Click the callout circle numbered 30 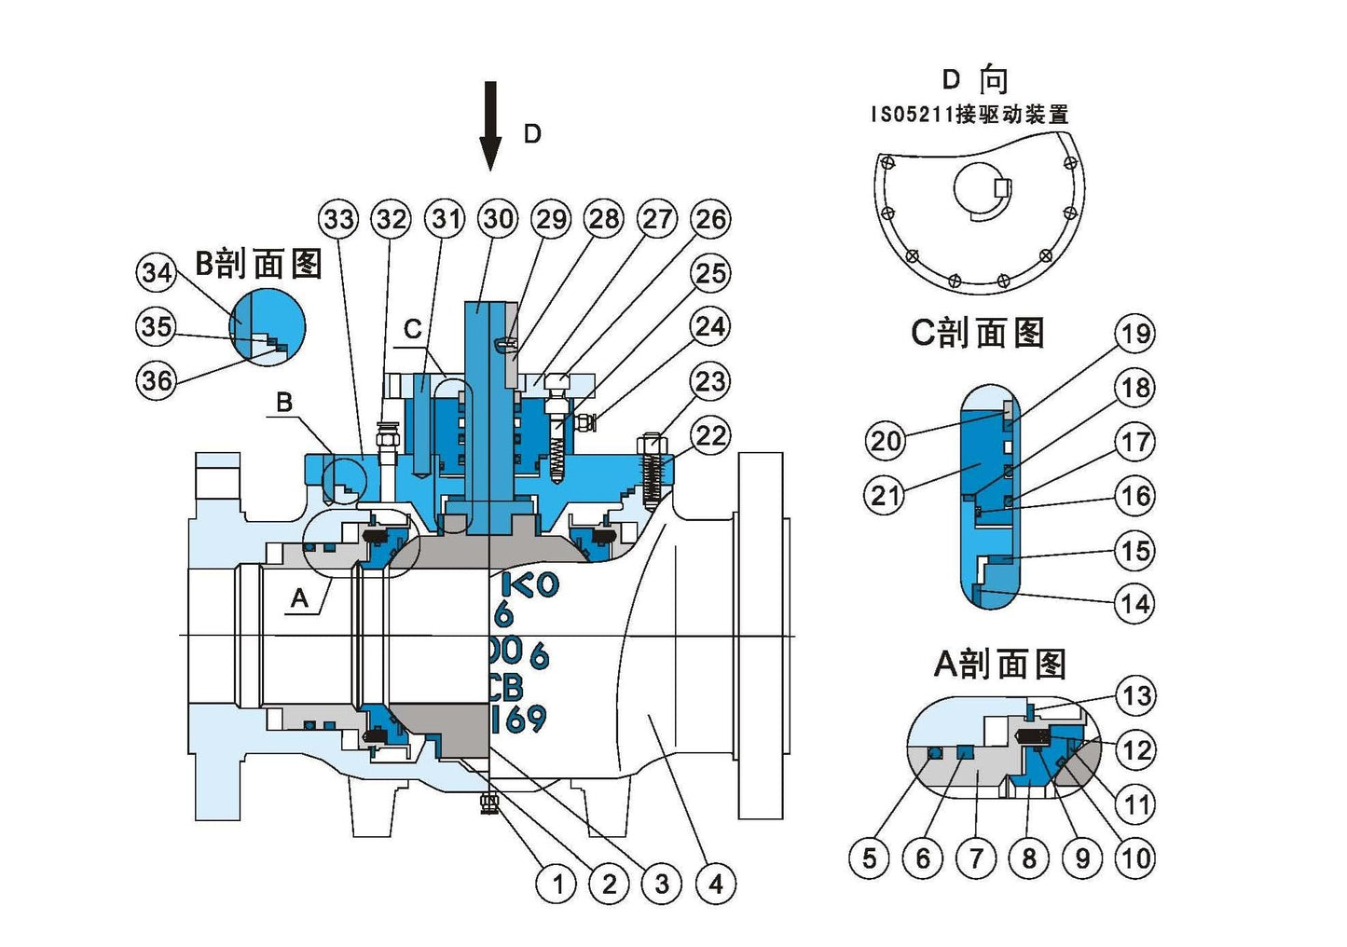[498, 219]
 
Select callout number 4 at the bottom [715, 883]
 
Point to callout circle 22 [711, 435]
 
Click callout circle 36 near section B [157, 379]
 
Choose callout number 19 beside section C [1134, 334]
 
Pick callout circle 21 [886, 495]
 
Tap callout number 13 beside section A [1135, 695]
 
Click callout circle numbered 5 [869, 858]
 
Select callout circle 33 [338, 219]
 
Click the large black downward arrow [490, 126]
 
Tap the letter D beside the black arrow [532, 134]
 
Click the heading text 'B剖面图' [258, 264]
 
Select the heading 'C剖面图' [977, 333]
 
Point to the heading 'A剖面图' [999, 664]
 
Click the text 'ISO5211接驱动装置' [969, 115]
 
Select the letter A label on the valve [299, 597]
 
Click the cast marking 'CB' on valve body [504, 687]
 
